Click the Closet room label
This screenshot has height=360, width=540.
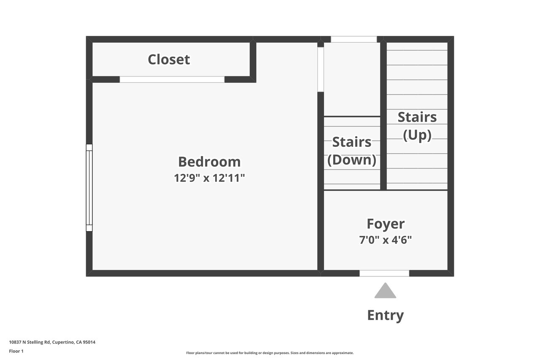[x=169, y=60]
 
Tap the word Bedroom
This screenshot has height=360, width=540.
[x=209, y=162]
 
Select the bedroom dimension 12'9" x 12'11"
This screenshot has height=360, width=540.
[x=209, y=178]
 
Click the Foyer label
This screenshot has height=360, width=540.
[x=386, y=224]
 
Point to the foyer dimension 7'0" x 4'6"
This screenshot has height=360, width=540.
[x=386, y=240]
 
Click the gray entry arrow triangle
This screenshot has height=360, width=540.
[x=385, y=290]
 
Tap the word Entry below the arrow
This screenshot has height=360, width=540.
[x=385, y=315]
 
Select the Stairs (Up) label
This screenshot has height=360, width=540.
[x=417, y=126]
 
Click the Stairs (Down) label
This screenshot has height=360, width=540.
[x=352, y=151]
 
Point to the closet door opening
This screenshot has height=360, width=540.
[x=172, y=79]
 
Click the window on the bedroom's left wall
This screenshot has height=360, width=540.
[x=89, y=188]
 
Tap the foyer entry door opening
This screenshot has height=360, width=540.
[x=384, y=273]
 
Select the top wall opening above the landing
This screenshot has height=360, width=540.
[x=354, y=39]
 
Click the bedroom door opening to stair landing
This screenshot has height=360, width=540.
[x=320, y=70]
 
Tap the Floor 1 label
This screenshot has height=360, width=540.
[x=16, y=351]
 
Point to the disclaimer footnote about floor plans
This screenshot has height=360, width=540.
[x=270, y=353]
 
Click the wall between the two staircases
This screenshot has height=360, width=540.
[x=383, y=116]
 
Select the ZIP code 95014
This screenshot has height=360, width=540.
[x=89, y=342]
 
